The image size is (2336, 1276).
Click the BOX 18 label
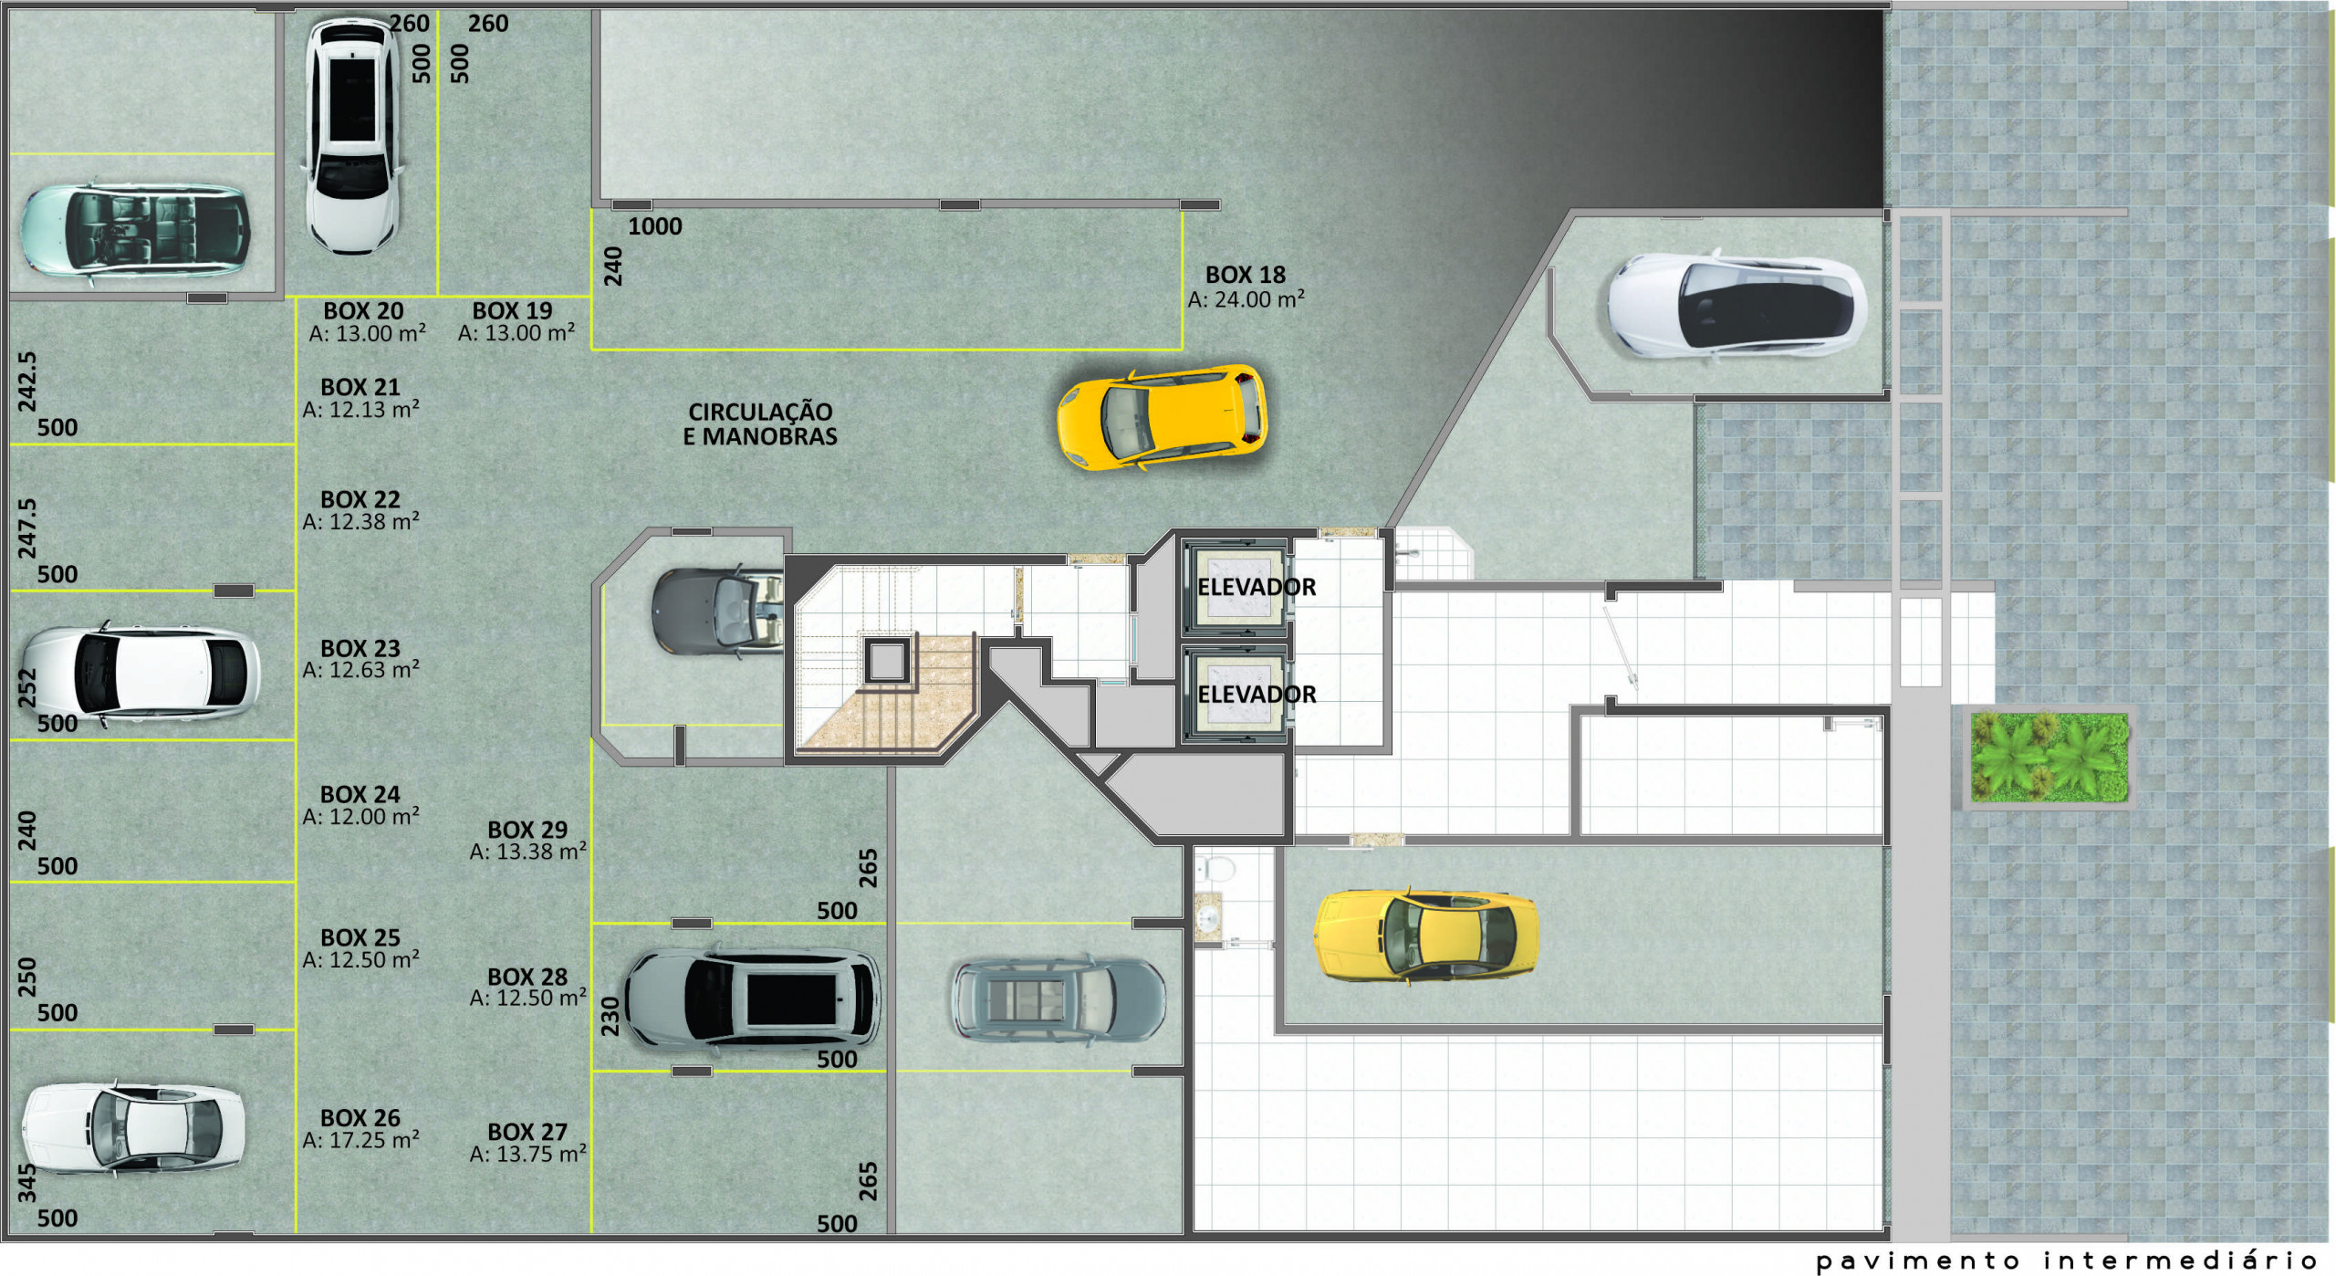[x=1245, y=275]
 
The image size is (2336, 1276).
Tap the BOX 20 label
[x=363, y=311]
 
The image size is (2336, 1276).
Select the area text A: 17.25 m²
[x=360, y=1140]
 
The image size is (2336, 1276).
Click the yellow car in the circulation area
[x=1162, y=418]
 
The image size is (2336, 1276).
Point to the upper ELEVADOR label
[x=1257, y=587]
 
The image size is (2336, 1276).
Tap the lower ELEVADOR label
[x=1257, y=695]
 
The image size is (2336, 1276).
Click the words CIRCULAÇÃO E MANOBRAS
[x=760, y=424]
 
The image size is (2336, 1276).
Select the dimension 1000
[x=655, y=226]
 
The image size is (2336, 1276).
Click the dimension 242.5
[x=27, y=382]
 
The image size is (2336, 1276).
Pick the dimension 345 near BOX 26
[x=27, y=1182]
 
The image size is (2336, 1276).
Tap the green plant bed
[x=2049, y=758]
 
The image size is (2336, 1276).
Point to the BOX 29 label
[x=527, y=830]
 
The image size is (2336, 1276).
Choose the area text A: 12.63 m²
[x=360, y=670]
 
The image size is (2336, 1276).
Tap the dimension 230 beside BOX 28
[x=610, y=1016]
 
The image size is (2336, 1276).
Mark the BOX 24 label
[x=360, y=794]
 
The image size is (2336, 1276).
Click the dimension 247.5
[x=27, y=528]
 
